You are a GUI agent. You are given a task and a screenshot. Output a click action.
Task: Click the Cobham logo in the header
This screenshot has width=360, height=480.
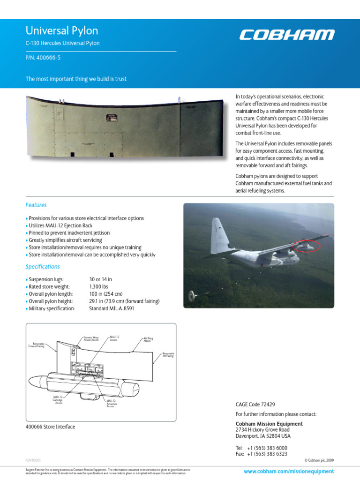287,35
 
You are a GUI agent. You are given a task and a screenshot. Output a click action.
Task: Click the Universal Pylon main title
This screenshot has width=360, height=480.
61,31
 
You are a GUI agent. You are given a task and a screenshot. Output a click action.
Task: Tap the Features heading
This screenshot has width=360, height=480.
36,205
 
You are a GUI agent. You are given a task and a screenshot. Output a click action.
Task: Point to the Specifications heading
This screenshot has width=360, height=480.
43,267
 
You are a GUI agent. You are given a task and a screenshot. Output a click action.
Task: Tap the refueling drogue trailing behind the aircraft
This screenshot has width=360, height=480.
192,295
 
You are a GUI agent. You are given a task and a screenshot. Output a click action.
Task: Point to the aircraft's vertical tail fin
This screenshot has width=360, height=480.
219,234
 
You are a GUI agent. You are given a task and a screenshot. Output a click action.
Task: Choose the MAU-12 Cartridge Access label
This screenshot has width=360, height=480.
59,399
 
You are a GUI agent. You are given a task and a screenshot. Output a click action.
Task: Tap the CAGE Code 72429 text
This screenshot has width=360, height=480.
255,404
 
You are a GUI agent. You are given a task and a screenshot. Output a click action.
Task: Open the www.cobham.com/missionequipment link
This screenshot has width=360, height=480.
289,471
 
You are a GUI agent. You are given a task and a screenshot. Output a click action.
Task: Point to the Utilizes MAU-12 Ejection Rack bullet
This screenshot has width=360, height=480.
67,225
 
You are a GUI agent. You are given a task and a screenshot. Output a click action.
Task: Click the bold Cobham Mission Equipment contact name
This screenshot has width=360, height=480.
269,424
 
